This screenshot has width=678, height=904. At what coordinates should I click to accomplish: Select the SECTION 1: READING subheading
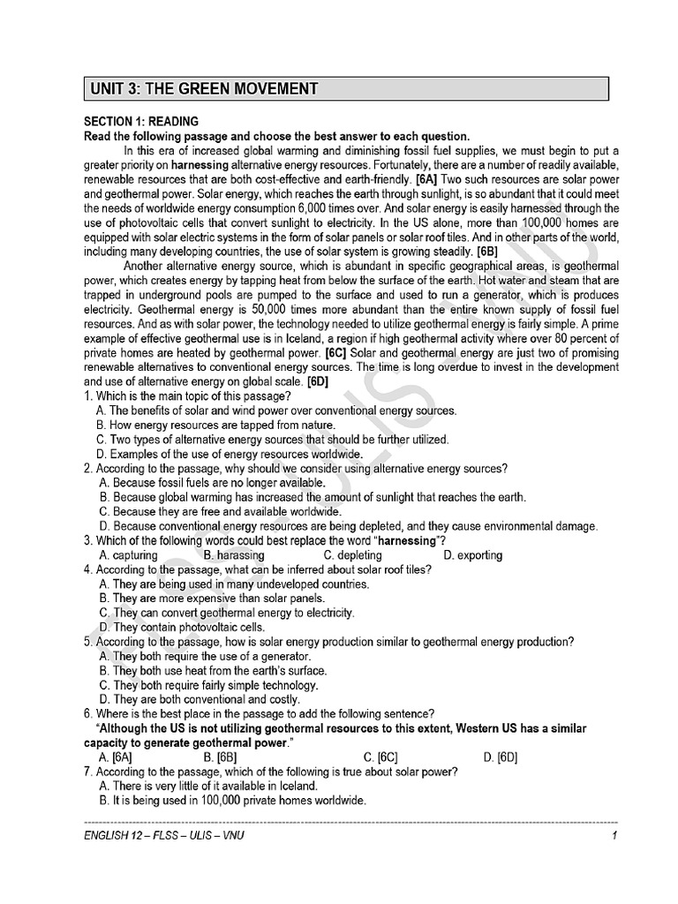point(141,121)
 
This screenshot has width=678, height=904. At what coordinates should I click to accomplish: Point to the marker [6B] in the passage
point(486,251)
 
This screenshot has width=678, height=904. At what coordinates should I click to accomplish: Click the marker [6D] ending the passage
point(317,381)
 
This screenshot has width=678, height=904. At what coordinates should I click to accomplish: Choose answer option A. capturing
point(129,555)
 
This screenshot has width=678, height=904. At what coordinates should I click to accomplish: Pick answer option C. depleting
point(353,555)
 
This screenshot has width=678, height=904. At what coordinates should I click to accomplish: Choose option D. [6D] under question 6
point(500,757)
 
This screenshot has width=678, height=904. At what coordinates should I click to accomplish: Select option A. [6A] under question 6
point(117,757)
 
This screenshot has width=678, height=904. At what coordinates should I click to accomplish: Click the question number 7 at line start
point(87,772)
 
